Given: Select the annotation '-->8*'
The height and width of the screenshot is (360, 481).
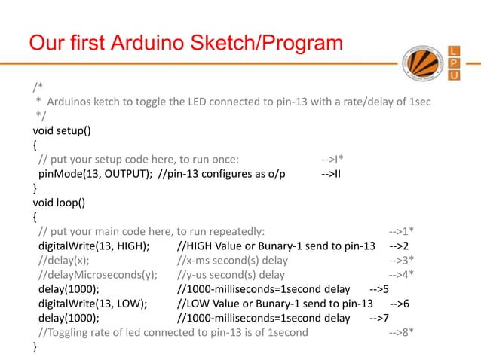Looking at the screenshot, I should [x=400, y=332].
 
